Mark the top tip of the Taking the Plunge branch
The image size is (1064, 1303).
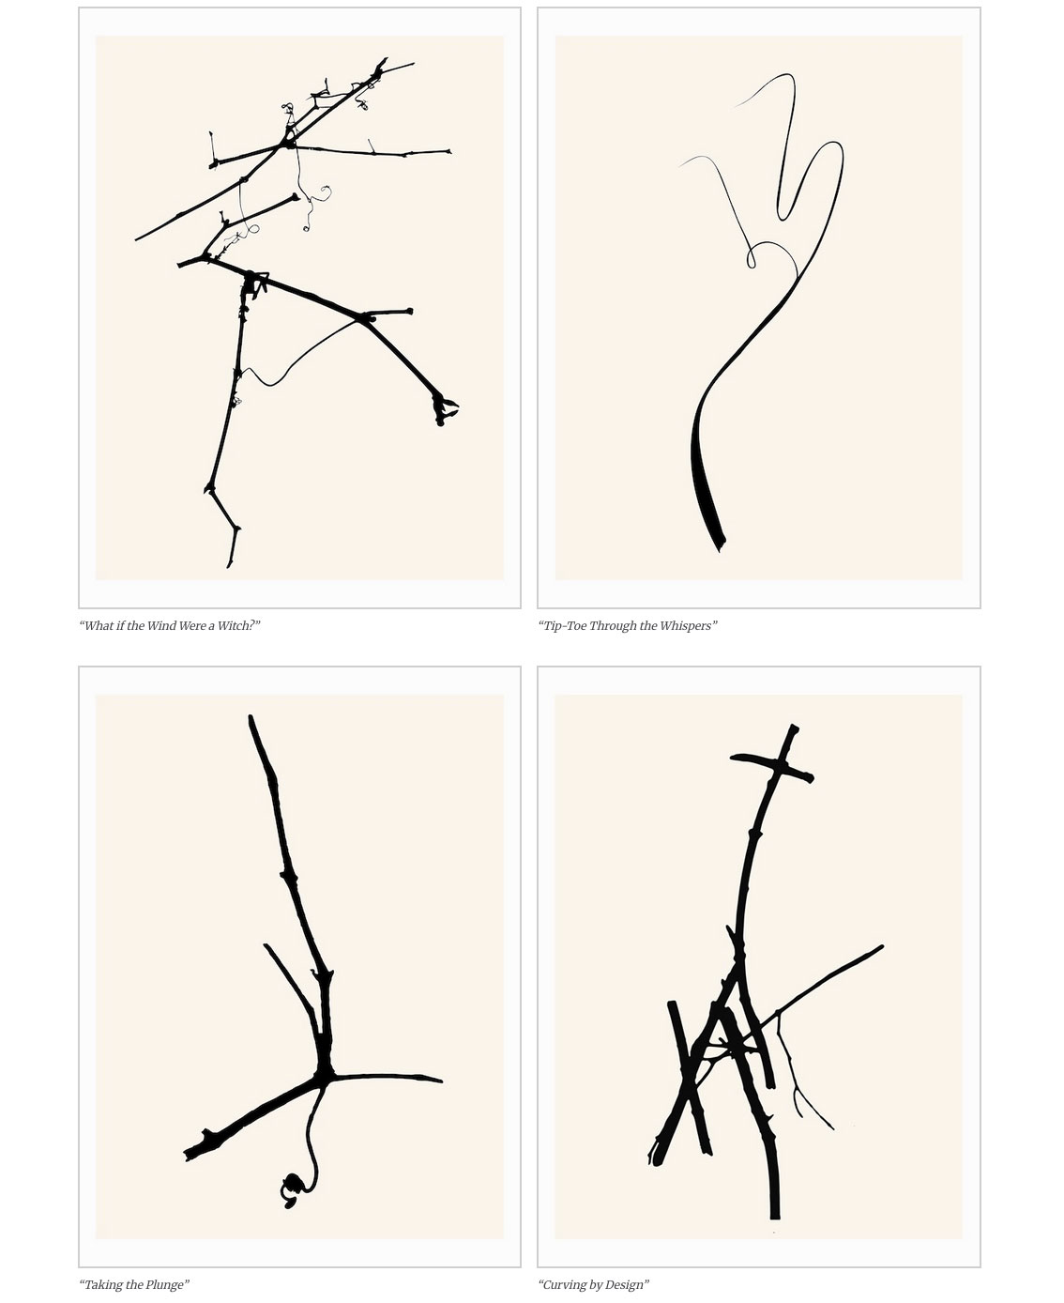pyautogui.click(x=251, y=717)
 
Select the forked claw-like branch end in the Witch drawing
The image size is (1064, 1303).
pyautogui.click(x=444, y=409)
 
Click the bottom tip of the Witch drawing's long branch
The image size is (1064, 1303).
pyautogui.click(x=229, y=565)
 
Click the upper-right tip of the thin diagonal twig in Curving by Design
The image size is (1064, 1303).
pyautogui.click(x=881, y=946)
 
